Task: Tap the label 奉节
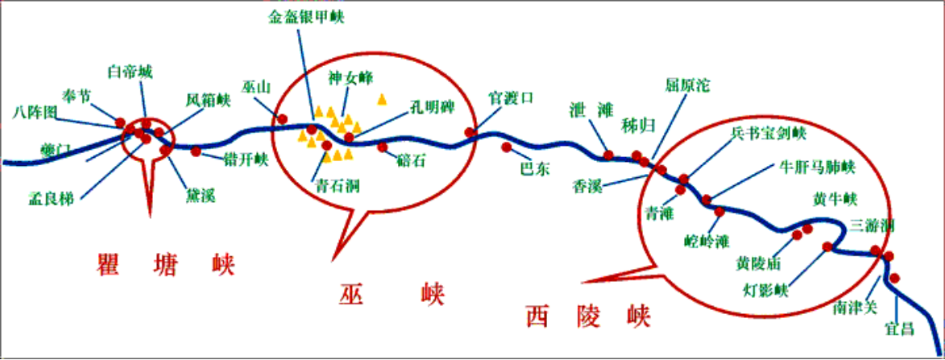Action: tap(77, 96)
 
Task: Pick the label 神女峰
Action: tap(347, 78)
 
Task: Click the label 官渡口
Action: tap(512, 97)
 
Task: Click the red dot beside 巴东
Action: tap(506, 147)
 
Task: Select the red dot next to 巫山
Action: tap(282, 119)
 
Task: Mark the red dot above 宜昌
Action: tap(894, 278)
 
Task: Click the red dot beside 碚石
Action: tap(382, 147)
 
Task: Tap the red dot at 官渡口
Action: tap(470, 132)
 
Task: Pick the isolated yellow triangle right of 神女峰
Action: tap(382, 99)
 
